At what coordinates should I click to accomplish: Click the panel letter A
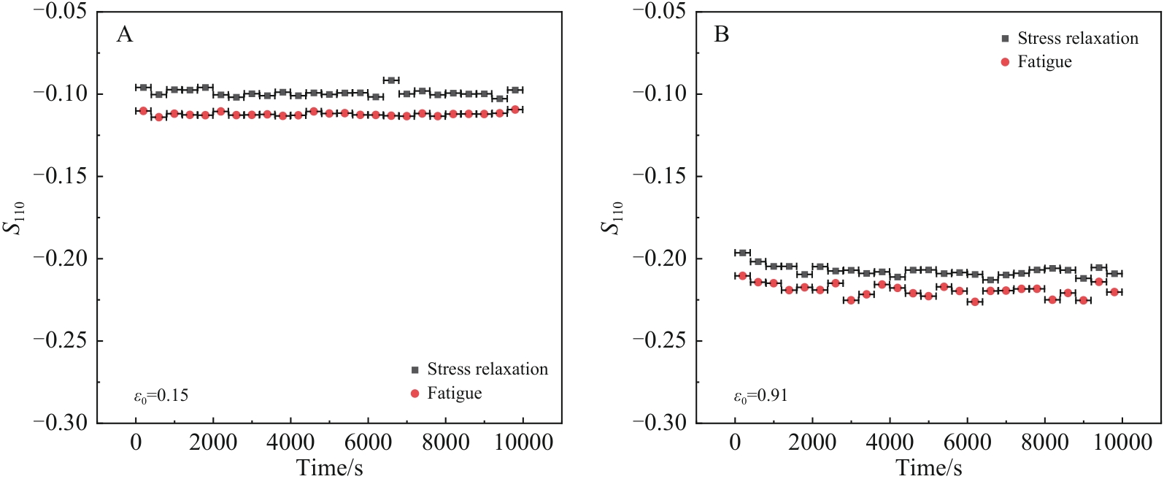tap(125, 35)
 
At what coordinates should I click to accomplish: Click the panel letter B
tap(721, 35)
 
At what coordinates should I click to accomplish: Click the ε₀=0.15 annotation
tap(161, 396)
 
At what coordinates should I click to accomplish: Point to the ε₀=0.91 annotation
tap(760, 396)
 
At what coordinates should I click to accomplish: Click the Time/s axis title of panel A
tap(329, 467)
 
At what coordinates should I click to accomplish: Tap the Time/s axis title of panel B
tap(928, 467)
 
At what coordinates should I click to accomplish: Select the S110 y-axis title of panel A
tap(15, 217)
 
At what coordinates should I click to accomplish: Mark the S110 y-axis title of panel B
tap(612, 217)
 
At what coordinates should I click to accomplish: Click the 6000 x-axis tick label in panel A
tap(369, 442)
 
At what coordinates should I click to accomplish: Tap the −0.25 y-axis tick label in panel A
tap(60, 340)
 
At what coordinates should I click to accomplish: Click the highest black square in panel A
tap(391, 80)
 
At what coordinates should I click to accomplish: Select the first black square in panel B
tap(743, 253)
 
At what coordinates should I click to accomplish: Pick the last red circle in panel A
tap(515, 110)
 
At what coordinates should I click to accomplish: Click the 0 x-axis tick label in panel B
tap(735, 442)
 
